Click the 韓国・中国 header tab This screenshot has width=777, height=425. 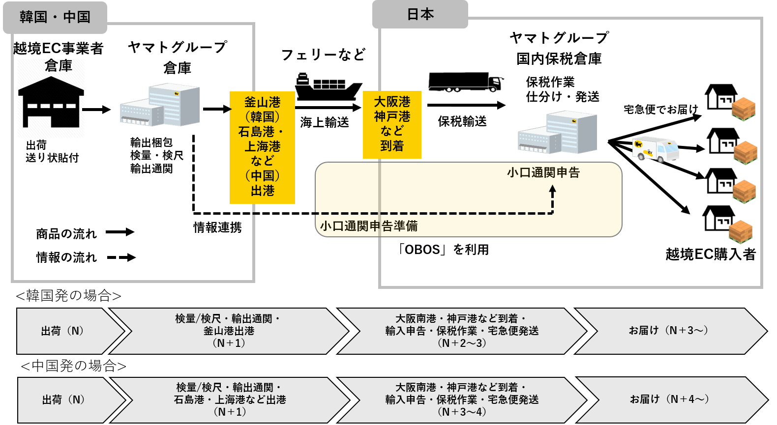55,18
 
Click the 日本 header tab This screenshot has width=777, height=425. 420,15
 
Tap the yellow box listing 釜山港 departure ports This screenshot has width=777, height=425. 262,147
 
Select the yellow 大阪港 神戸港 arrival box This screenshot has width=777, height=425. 392,124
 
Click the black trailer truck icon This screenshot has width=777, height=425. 465,82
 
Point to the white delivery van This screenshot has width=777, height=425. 655,149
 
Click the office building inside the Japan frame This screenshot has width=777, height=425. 557,132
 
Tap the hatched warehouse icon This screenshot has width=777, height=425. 51,99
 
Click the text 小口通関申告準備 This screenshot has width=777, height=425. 368,226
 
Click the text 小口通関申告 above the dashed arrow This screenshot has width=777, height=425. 543,172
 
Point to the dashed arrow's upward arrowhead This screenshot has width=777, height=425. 552,189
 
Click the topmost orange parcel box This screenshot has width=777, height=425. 743,109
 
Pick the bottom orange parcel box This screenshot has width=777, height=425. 740,232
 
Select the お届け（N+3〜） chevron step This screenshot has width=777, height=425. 669,331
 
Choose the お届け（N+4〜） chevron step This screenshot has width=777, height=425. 670,399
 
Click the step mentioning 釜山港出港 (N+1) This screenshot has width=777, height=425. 229,331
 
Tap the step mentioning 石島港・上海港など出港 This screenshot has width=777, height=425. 230,399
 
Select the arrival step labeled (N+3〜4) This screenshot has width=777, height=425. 462,399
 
